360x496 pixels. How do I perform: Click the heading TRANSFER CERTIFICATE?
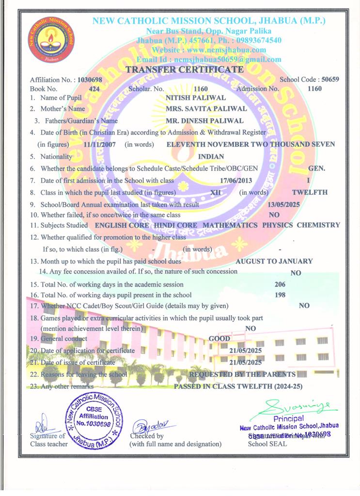pyautogui.click(x=185, y=70)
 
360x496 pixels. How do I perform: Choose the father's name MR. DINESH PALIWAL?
pyautogui.click(x=204, y=121)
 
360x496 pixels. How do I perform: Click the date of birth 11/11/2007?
pyautogui.click(x=101, y=144)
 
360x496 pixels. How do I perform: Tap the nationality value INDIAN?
pyautogui.click(x=211, y=156)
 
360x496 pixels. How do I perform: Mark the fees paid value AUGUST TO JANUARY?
pyautogui.click(x=274, y=261)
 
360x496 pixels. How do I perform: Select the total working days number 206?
pyautogui.click(x=280, y=284)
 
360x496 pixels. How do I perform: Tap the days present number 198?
pyautogui.click(x=280, y=295)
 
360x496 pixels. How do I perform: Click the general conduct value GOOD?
pyautogui.click(x=219, y=339)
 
